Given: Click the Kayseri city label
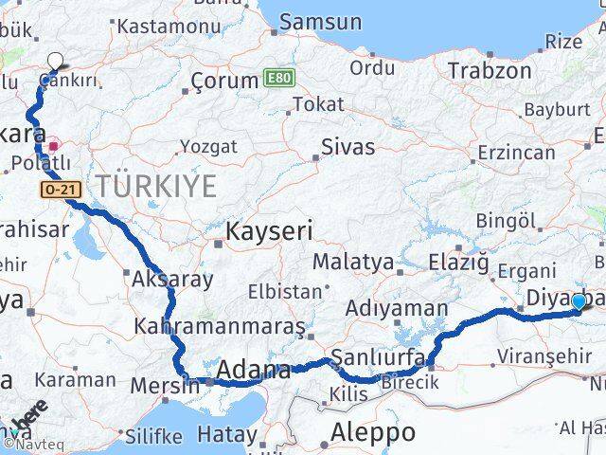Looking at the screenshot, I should (x=269, y=230).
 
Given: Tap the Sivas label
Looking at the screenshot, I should (x=348, y=147).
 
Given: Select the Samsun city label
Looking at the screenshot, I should (x=321, y=22).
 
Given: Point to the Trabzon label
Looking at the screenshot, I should (x=489, y=70).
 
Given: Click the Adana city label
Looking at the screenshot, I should (x=253, y=370).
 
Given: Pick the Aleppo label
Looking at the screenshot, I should (x=372, y=432).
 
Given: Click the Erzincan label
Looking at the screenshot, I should (x=516, y=153).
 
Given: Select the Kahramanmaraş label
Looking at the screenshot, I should (x=220, y=326).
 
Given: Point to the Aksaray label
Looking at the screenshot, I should (x=172, y=280).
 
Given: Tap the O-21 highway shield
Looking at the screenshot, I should (x=59, y=191).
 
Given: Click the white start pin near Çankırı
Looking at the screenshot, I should (x=55, y=62).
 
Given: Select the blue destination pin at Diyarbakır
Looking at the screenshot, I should (x=579, y=301).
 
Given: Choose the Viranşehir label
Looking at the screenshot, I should (x=537, y=356).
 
